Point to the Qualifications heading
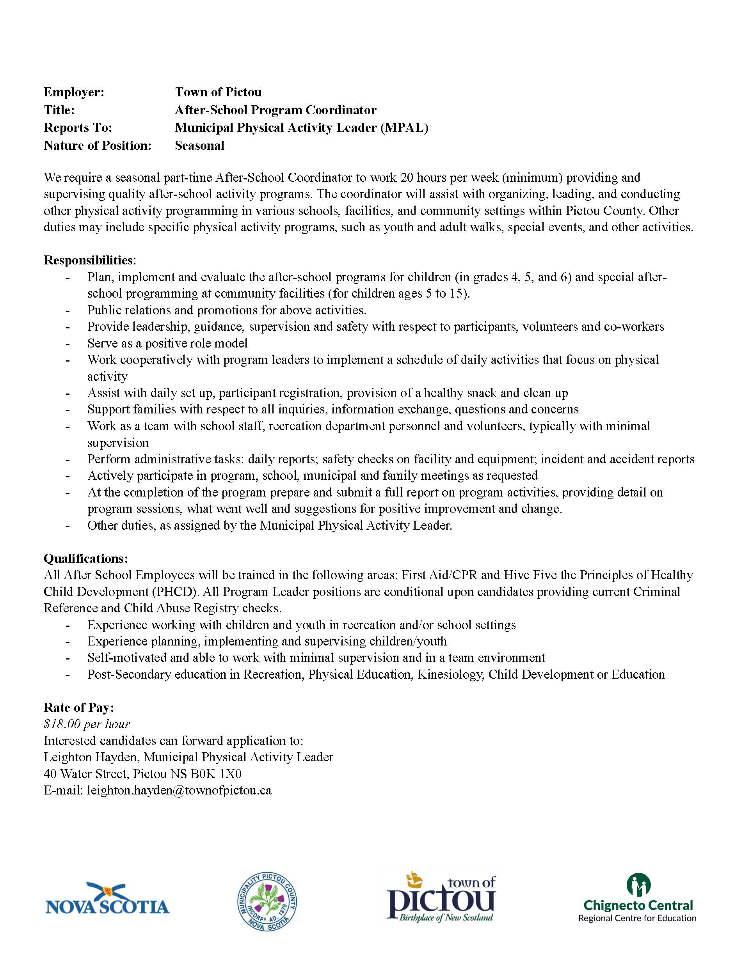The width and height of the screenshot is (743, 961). pos(86,559)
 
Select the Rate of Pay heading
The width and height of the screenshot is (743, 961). pos(79,707)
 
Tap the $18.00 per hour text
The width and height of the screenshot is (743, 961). pos(87,724)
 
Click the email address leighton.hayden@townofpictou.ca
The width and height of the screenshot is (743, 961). pos(179,790)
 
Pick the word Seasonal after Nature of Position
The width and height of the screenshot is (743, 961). pos(199,145)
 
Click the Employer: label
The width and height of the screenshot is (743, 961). pos(74,92)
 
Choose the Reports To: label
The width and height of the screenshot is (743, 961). pos(78,128)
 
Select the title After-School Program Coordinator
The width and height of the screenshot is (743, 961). pos(276,110)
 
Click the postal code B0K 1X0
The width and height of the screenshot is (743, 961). pos(216,773)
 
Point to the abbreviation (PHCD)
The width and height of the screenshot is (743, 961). pos(174,591)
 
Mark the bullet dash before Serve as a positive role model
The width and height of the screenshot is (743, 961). pos(68,344)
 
